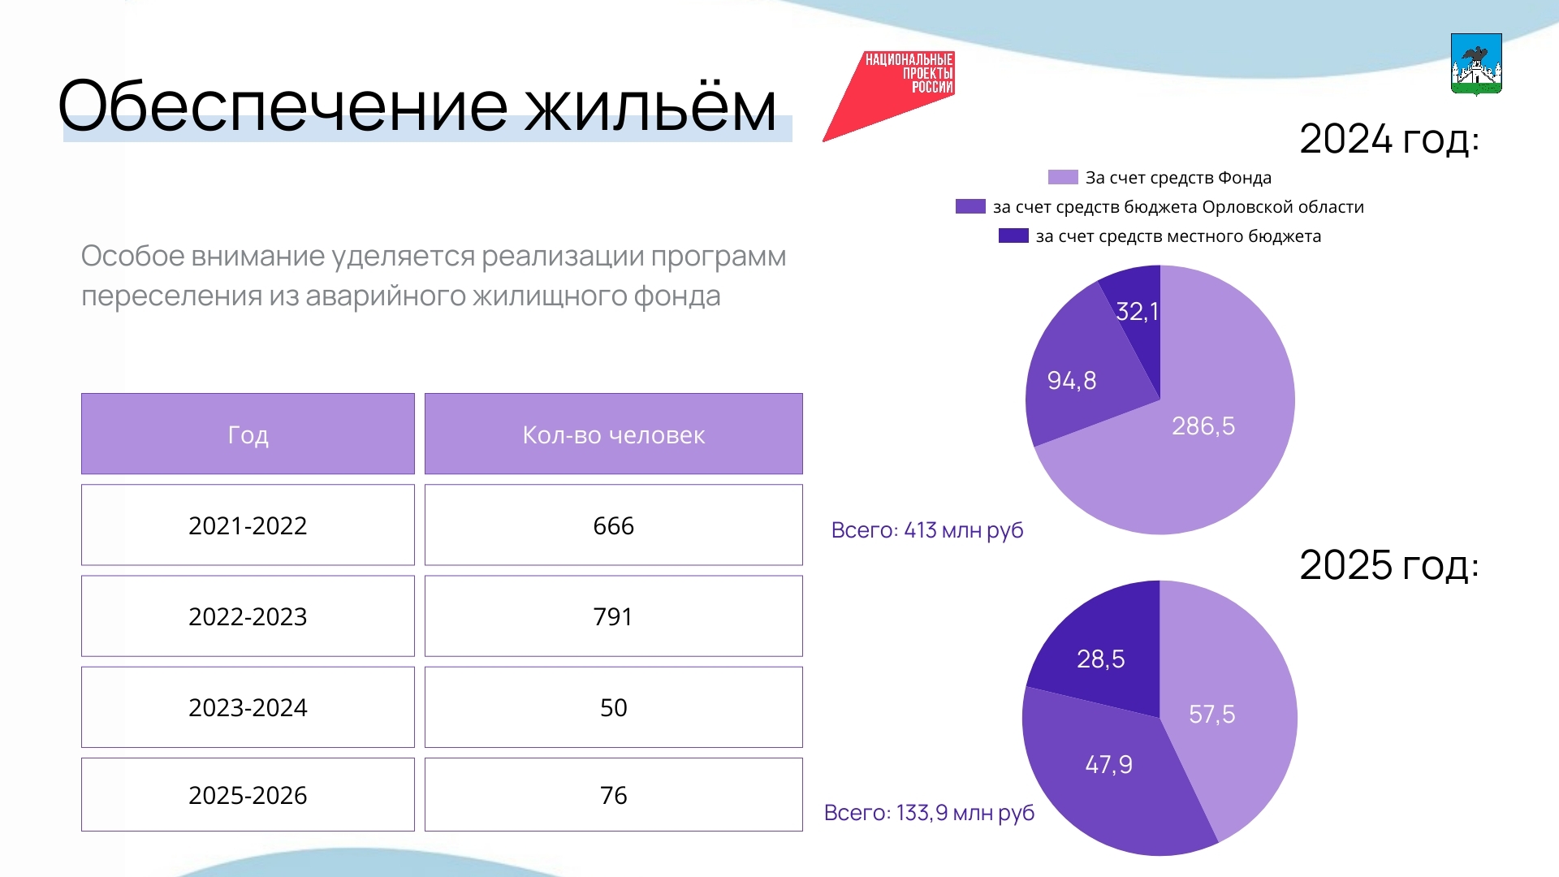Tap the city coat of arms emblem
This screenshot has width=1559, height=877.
pos(1476,64)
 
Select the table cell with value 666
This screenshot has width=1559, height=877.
pos(613,525)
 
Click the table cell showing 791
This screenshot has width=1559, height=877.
pos(613,616)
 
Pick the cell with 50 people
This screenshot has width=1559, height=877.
pos(613,707)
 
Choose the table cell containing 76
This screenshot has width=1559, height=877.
pos(613,795)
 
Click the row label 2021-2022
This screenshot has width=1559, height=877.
pos(248,525)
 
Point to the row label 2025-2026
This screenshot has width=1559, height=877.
pos(248,795)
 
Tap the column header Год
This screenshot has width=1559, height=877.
pos(248,434)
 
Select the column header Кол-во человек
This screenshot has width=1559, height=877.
pos(613,434)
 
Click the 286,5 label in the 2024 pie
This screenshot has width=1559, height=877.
pos(1203,426)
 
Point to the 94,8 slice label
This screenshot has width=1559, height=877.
pos(1071,380)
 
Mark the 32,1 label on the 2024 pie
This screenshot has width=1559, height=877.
pos(1137,311)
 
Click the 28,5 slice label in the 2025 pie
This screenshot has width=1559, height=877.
pos(1100,659)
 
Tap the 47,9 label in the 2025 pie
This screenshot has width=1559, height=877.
pos(1108,764)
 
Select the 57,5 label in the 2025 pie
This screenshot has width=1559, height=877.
pos(1211,714)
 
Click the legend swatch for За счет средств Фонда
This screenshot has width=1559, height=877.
pos(1063,177)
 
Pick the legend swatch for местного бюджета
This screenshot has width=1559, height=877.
pos(1013,235)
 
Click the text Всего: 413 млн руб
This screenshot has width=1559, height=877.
pos(926,530)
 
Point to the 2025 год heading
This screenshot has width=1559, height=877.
pos(1388,565)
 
